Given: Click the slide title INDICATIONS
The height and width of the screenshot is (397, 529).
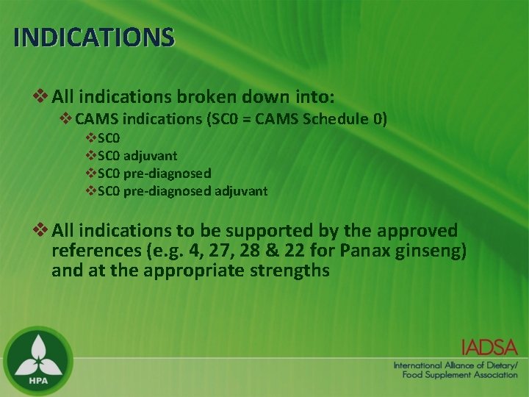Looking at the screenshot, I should click(94, 37).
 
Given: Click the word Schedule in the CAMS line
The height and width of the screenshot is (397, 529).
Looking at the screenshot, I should click(337, 118).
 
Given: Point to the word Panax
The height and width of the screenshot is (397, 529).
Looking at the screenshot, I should click(370, 251).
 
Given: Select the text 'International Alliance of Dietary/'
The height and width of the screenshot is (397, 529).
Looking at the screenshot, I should click(456, 365).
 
